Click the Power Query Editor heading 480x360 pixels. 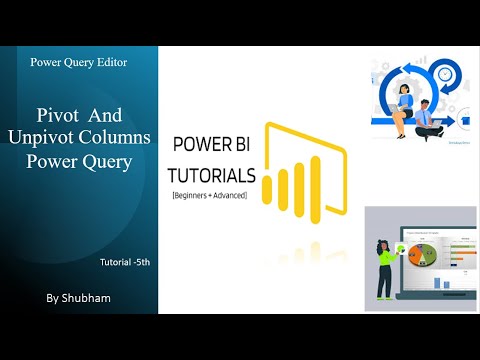click(x=78, y=62)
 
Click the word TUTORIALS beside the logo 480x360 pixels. click(x=214, y=175)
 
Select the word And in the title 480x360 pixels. click(x=113, y=116)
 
